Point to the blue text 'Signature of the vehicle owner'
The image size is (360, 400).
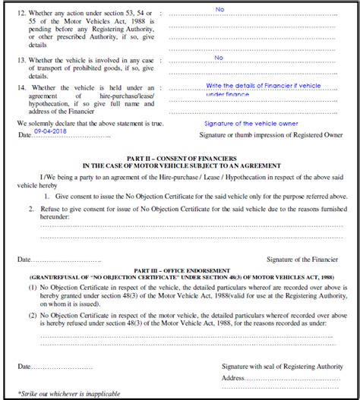(x=251, y=123)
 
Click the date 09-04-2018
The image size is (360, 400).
(x=50, y=131)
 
